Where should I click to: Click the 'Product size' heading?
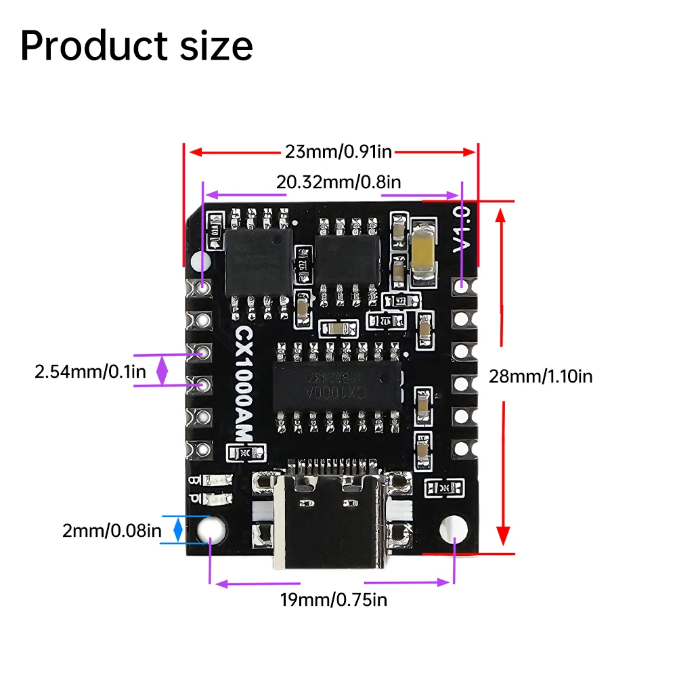click(137, 46)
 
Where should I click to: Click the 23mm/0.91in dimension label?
click(338, 152)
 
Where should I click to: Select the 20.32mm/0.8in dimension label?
click(338, 181)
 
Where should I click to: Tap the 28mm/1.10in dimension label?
click(540, 376)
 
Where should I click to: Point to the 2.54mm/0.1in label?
click(91, 371)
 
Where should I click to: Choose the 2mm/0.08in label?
click(112, 531)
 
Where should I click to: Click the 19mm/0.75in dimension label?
click(334, 598)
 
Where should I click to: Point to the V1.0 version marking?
click(461, 231)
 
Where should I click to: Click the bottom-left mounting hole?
click(213, 527)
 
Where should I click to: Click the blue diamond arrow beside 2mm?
click(178, 529)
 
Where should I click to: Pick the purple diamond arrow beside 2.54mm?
click(162, 370)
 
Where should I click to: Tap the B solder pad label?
click(194, 481)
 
